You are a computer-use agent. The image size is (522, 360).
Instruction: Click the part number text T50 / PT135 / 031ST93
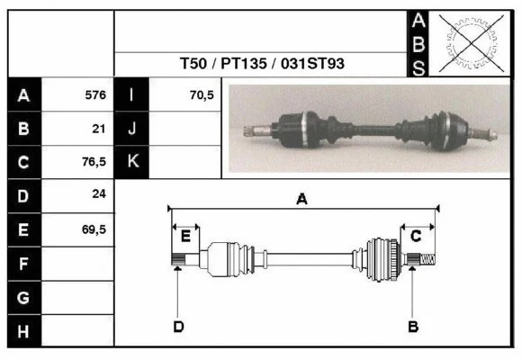261,65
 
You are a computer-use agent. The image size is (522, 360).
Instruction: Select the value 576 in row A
94,94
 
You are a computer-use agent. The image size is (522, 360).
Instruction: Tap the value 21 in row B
99,128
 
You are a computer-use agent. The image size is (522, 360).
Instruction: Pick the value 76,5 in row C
94,162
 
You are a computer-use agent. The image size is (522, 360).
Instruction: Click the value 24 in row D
99,194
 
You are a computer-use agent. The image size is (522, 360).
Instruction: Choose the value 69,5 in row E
94,229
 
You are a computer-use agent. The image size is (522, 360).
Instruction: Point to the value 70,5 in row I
201,94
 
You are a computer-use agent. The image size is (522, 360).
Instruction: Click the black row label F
24,263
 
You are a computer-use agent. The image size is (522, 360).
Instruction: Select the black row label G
24,297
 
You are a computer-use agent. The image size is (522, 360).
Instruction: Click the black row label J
132,128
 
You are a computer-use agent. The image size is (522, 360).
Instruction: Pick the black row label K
132,162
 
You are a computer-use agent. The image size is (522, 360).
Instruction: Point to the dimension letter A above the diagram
302,200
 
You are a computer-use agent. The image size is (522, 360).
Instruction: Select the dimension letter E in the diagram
185,237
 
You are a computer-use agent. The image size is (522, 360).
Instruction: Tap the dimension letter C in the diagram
416,236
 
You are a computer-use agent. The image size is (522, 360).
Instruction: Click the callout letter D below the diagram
178,326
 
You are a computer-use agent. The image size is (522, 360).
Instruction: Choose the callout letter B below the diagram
413,326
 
